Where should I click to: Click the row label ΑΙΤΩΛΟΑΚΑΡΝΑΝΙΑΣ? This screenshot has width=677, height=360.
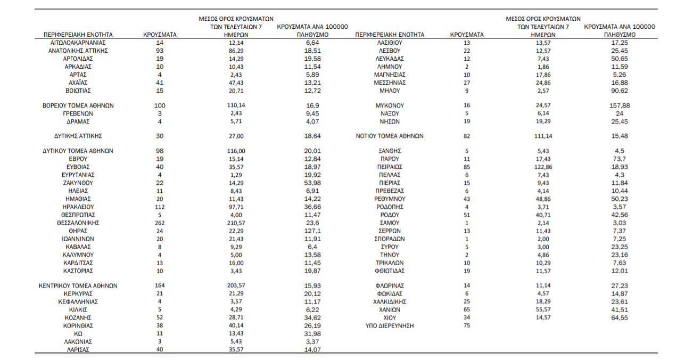[78, 43]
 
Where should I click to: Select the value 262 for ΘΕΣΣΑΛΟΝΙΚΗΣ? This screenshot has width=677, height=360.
[160, 223]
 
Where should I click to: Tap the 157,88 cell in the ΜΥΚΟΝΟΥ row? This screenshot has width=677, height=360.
[620, 105]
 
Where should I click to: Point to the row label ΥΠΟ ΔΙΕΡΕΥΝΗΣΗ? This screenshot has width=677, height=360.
[390, 326]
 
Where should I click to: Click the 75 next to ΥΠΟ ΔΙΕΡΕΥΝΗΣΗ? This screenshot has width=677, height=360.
[467, 325]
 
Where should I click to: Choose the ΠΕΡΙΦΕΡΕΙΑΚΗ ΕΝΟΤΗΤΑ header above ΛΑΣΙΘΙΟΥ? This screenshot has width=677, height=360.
[390, 35]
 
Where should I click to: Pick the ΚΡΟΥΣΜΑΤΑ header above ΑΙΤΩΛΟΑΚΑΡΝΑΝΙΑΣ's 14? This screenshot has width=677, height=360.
[160, 35]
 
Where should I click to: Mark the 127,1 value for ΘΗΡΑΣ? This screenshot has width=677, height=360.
[312, 231]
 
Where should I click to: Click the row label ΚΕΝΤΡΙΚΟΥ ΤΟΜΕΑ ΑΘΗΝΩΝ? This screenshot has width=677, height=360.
[78, 286]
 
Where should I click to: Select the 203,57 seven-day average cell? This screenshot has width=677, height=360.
[236, 285]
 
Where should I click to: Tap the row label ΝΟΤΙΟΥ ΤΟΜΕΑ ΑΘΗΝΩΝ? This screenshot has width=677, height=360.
[390, 136]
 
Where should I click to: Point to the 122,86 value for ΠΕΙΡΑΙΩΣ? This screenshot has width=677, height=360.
[543, 167]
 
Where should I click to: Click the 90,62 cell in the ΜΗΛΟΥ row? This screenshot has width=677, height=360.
[620, 91]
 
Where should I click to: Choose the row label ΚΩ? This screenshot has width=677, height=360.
[78, 334]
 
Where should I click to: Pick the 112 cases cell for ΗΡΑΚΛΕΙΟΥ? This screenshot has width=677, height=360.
[160, 207]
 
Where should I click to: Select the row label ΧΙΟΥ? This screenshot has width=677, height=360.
[390, 318]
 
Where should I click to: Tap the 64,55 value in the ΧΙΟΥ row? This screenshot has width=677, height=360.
[620, 318]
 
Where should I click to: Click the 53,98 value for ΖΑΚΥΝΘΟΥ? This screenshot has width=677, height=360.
[312, 183]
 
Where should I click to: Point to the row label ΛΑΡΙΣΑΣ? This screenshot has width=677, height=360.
[78, 350]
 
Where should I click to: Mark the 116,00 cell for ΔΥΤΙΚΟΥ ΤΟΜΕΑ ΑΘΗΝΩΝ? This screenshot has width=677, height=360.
[236, 151]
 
